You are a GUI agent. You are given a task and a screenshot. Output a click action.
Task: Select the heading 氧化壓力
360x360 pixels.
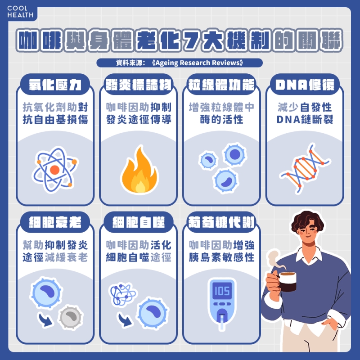tap(55, 84)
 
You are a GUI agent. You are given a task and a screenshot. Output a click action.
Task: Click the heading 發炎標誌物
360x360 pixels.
tap(139, 84)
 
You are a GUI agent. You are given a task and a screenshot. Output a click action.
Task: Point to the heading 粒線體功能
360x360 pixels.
tap(221, 84)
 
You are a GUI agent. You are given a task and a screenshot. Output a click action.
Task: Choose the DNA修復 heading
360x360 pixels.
tap(305, 84)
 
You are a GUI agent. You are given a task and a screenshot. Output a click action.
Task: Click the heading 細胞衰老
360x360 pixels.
tap(55, 221)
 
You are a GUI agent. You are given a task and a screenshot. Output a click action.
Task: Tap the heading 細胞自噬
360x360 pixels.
tap(139, 221)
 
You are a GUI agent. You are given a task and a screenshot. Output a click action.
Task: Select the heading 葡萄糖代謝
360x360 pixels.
tap(221, 221)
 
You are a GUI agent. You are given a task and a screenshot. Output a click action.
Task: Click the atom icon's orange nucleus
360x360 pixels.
tap(54, 170)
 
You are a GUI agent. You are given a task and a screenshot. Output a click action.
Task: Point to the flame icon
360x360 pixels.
tap(139, 170)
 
